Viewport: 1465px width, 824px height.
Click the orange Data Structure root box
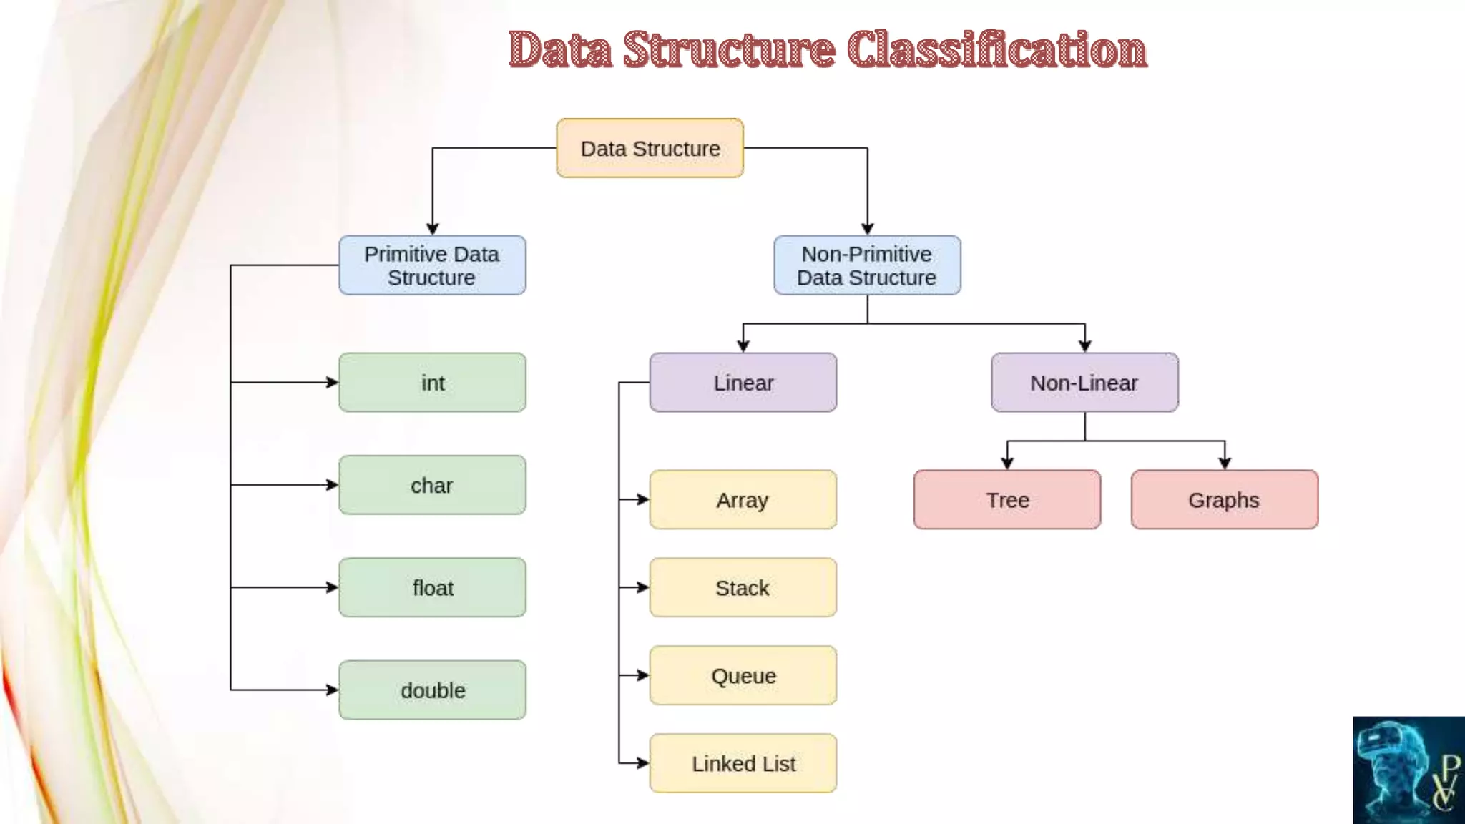[650, 148]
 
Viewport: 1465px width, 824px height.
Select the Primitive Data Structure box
[432, 265]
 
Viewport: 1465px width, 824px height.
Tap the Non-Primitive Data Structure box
[867, 265]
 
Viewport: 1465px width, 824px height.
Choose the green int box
[432, 383]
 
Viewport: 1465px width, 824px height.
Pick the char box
[432, 485]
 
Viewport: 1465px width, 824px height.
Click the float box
[432, 587]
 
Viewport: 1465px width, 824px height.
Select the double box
[432, 690]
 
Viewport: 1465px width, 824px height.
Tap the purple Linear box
[743, 383]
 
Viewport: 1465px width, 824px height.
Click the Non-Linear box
[1084, 383]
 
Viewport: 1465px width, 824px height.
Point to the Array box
[743, 499]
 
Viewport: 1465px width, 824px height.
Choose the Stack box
[743, 587]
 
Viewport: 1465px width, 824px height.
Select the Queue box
[743, 675]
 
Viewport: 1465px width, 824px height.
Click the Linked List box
[743, 763]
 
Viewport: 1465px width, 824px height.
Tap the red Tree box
[1007, 499]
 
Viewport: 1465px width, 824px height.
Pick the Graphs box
[1224, 499]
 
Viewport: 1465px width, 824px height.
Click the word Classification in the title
[996, 50]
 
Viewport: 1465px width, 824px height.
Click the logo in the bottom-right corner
[1408, 770]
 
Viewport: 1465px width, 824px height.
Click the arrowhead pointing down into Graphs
[1225, 463]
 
